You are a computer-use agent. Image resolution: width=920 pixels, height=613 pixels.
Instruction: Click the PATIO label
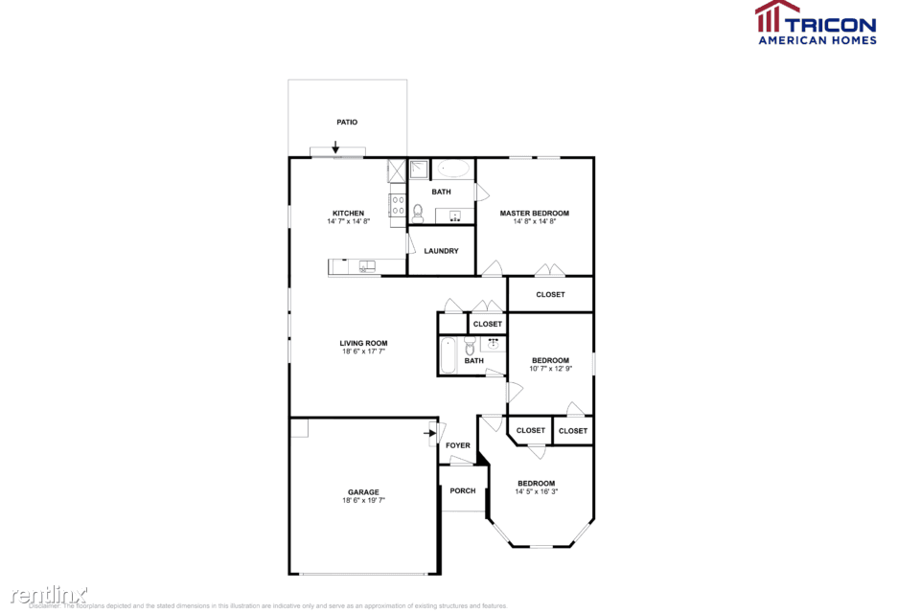click(x=347, y=123)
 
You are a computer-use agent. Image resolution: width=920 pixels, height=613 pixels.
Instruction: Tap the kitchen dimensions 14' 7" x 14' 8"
click(x=348, y=221)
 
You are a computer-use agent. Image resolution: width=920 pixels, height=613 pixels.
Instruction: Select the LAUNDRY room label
click(x=441, y=251)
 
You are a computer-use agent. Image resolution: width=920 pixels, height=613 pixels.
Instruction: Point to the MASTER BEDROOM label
click(x=535, y=213)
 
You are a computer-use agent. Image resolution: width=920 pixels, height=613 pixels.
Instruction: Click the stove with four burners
click(x=397, y=204)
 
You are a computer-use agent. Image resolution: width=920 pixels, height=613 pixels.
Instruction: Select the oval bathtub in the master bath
click(x=453, y=170)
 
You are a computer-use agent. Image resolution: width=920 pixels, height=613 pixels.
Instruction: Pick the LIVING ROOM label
click(x=363, y=343)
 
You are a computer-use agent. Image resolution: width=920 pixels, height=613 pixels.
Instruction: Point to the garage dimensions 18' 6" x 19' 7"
click(x=363, y=501)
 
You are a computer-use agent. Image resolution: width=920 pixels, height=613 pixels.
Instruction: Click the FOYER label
click(x=458, y=445)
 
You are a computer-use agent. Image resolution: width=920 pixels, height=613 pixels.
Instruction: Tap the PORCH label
click(x=463, y=491)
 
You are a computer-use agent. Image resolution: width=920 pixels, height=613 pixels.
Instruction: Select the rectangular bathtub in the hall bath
click(x=448, y=354)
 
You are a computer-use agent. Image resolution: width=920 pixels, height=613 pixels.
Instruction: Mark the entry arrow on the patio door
click(x=336, y=148)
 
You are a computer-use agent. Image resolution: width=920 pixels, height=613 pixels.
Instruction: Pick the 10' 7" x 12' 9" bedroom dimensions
click(x=551, y=369)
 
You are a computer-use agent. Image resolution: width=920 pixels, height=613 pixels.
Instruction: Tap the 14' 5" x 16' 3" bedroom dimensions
click(x=537, y=491)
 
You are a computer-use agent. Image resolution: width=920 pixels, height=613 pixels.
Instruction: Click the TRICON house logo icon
click(x=777, y=17)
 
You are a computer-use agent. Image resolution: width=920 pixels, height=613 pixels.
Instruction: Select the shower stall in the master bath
click(x=419, y=170)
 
